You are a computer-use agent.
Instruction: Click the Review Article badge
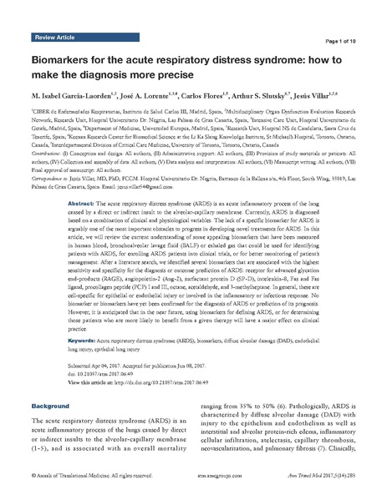(56, 38)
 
